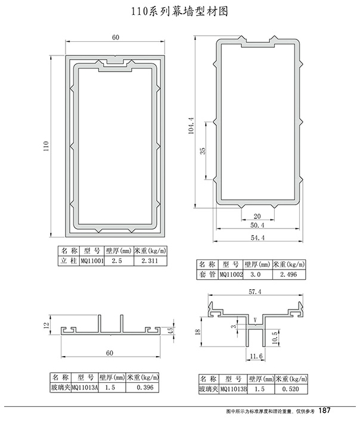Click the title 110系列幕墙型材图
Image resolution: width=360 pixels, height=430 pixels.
pos(180,11)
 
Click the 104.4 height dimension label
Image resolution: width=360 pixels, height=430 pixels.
pos(191,126)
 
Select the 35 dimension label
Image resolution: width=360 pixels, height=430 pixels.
pos(203,151)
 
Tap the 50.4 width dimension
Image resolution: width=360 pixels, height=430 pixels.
pos(257,225)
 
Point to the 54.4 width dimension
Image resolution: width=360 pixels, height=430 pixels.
pos(257,238)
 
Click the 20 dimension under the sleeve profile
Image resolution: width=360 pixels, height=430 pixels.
pos(257,216)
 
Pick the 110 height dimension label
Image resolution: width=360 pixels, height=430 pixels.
pos(46,146)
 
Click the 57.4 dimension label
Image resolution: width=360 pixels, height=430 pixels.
pos(255,292)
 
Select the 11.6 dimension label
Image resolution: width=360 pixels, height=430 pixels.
pos(256,356)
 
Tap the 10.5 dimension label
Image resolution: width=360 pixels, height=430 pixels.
pos(275,338)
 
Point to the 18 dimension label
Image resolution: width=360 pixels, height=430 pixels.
pos(197,332)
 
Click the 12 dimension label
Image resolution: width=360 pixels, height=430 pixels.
pos(46,325)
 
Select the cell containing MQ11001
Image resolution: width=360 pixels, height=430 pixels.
pos(92,261)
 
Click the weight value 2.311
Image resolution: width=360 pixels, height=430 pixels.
pos(150,261)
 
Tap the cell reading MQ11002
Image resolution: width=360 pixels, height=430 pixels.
pos(231,274)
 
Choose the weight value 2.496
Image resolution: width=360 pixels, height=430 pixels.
pos(288,274)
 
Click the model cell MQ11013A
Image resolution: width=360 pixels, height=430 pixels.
pos(85,388)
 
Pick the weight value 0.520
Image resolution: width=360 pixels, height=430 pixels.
pos(290,389)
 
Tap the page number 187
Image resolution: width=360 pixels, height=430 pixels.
pos(325,410)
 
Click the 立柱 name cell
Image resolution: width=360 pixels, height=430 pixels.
pos(69,261)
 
